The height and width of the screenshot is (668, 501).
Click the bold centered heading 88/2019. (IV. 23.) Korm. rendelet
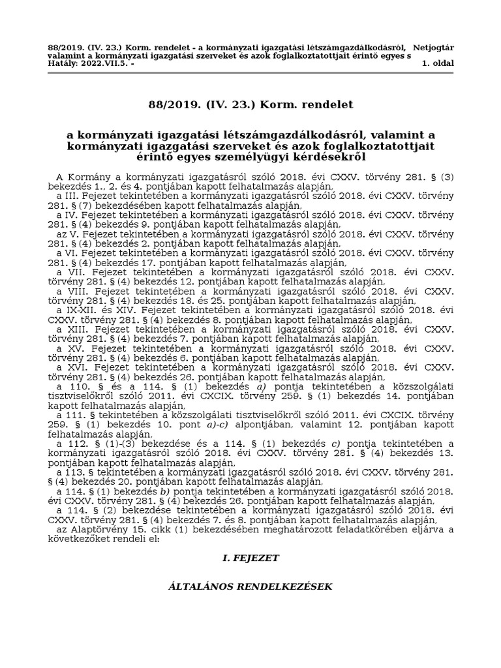(250, 104)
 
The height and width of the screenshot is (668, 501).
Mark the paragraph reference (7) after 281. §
(86, 205)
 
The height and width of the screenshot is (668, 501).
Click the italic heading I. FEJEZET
(250, 558)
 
